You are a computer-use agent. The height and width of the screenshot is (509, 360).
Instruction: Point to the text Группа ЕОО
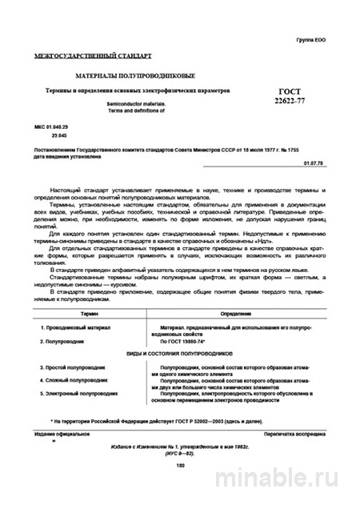[x=311, y=39]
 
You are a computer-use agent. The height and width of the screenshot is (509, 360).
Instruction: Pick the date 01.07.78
[x=315, y=162]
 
